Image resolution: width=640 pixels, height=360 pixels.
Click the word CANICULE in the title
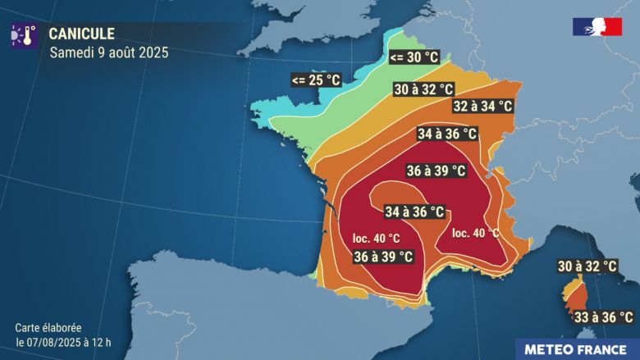(x=82, y=34)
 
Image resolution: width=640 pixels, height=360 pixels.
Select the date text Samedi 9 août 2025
(x=109, y=52)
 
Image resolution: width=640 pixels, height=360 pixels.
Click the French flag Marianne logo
(x=597, y=27)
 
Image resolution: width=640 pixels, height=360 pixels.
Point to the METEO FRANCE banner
(x=577, y=349)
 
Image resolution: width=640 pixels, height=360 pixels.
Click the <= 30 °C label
(x=414, y=57)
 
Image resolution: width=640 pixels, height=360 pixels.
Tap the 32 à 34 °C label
(x=482, y=107)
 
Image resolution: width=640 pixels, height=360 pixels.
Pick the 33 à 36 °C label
(x=603, y=317)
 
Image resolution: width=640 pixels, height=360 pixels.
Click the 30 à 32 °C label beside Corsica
(x=587, y=267)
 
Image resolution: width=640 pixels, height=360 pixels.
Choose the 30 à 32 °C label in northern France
(x=423, y=89)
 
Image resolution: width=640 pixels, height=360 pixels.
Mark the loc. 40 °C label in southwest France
(x=377, y=239)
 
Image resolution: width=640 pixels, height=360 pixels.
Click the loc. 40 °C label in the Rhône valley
(x=475, y=233)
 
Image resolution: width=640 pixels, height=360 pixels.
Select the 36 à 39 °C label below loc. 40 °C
(x=383, y=257)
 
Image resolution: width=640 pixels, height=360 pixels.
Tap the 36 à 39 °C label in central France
(x=437, y=171)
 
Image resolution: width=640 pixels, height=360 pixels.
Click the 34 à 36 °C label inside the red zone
(x=414, y=212)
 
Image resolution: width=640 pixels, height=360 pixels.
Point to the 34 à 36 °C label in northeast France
(x=446, y=134)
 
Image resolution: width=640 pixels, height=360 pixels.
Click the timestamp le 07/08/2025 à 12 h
(x=63, y=342)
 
